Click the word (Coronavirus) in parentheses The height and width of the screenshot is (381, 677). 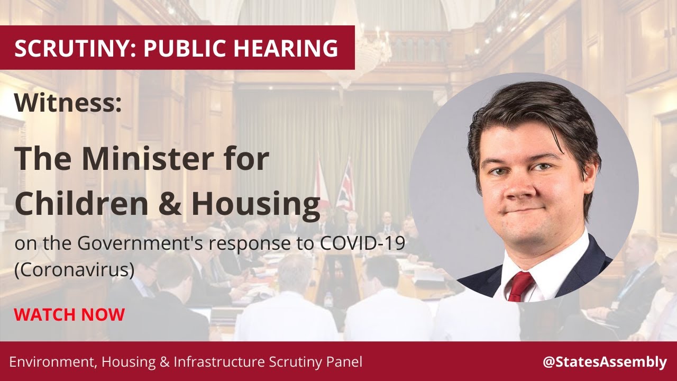click(74, 269)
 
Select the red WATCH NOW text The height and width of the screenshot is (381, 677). click(69, 315)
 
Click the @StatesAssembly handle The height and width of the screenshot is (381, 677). click(605, 362)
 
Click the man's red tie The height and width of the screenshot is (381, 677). click(519, 286)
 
